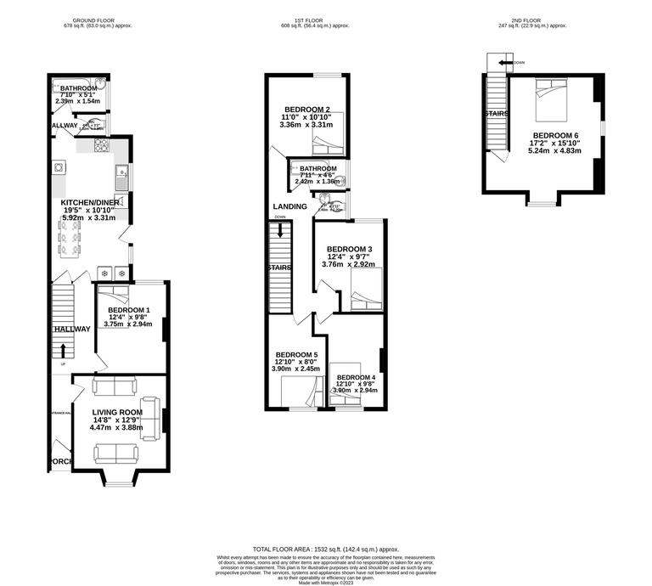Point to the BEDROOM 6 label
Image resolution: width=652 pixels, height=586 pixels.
556,136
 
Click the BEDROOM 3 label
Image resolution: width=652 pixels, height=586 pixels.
350,249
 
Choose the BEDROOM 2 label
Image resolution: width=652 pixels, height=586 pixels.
306,110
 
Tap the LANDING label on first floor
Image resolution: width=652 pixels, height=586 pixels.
289,206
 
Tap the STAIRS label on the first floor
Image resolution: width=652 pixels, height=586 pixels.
279,268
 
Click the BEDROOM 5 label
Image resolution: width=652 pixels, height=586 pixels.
297,354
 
